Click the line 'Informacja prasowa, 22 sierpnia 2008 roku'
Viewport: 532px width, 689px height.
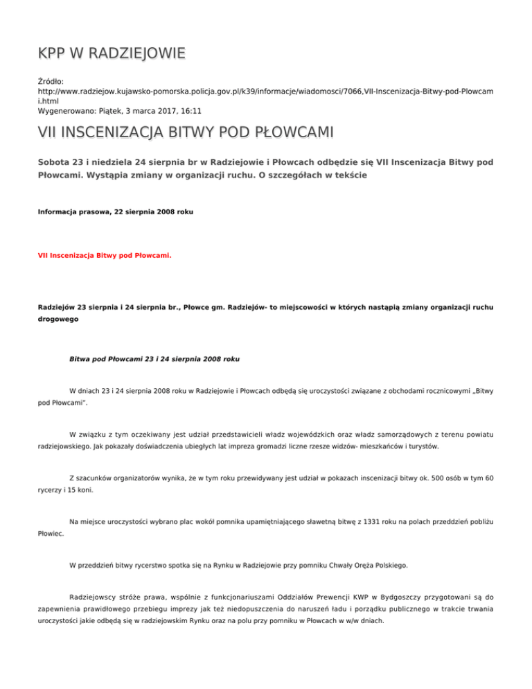[115, 206]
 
